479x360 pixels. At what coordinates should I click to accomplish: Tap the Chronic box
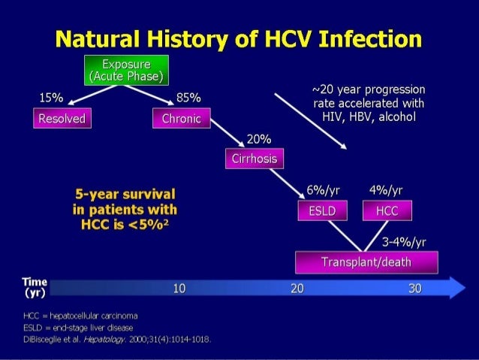(181, 119)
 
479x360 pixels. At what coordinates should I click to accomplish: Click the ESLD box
(321, 212)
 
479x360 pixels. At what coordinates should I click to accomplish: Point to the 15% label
(52, 98)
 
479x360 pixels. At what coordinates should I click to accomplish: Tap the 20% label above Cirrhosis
(258, 139)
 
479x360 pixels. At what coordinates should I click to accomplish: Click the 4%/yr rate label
(386, 189)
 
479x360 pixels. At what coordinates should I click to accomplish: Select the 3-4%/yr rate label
(404, 241)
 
